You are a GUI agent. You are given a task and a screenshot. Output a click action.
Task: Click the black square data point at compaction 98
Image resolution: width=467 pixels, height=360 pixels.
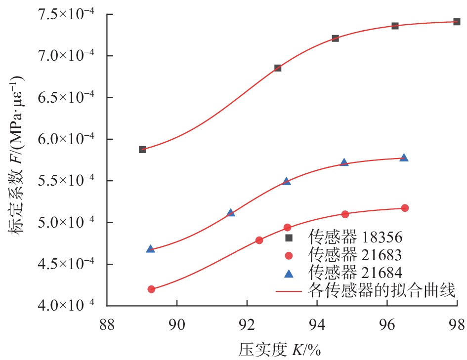click(x=457, y=22)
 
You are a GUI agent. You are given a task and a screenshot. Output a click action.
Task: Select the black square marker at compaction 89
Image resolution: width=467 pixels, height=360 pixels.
click(x=142, y=150)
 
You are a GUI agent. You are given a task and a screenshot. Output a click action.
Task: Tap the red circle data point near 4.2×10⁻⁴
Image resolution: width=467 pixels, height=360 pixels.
click(x=151, y=289)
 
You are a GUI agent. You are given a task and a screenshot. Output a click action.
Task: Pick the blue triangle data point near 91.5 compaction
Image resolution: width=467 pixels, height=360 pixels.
click(x=230, y=213)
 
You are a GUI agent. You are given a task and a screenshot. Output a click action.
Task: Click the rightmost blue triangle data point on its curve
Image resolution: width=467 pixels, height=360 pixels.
click(x=404, y=158)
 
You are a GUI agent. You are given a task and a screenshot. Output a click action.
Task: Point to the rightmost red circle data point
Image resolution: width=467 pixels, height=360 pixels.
click(x=405, y=208)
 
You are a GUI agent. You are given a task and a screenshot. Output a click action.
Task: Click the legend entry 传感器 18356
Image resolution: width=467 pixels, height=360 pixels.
click(x=356, y=238)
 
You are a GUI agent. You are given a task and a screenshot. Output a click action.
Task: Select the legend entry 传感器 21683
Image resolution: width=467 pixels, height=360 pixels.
click(x=356, y=255)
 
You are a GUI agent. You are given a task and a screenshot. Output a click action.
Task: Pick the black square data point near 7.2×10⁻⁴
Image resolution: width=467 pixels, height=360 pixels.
click(x=335, y=38)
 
